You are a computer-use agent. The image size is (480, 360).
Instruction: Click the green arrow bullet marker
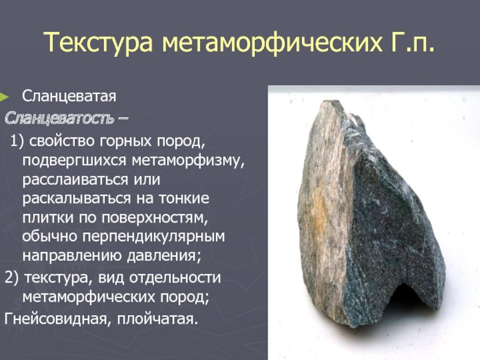(x=4, y=97)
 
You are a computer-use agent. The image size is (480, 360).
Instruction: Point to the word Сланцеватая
(x=69, y=97)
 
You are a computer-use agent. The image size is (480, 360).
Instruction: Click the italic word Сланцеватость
(x=59, y=118)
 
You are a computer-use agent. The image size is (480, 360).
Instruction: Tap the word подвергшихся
(x=74, y=160)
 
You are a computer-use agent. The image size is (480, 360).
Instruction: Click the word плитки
(x=48, y=218)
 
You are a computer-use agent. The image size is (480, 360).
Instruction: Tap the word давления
(x=164, y=256)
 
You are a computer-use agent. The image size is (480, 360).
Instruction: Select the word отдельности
(x=175, y=278)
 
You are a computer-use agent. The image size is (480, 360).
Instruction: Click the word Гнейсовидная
(x=56, y=319)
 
